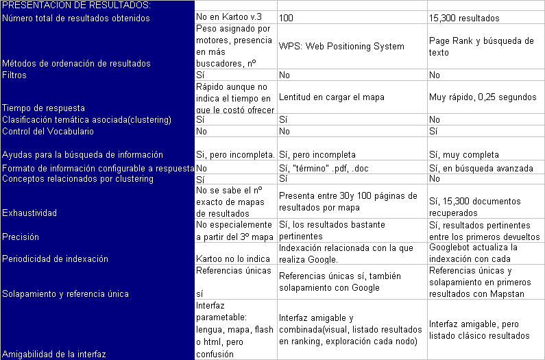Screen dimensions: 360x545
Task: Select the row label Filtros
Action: pyautogui.click(x=15, y=75)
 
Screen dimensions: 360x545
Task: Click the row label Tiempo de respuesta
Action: pyautogui.click(x=44, y=108)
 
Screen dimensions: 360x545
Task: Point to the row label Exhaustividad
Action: pyautogui.click(x=29, y=213)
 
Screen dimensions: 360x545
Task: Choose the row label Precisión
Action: pyautogui.click(x=21, y=237)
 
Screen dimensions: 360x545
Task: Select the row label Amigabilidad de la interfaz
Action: pyautogui.click(x=55, y=354)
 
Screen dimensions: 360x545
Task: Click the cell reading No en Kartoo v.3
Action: pyautogui.click(x=230, y=17)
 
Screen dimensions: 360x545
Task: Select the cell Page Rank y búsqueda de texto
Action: pyautogui.click(x=481, y=47)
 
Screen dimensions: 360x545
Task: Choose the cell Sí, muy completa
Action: pyautogui.click(x=463, y=154)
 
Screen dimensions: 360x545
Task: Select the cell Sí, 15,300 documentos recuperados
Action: pyautogui.click(x=474, y=206)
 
